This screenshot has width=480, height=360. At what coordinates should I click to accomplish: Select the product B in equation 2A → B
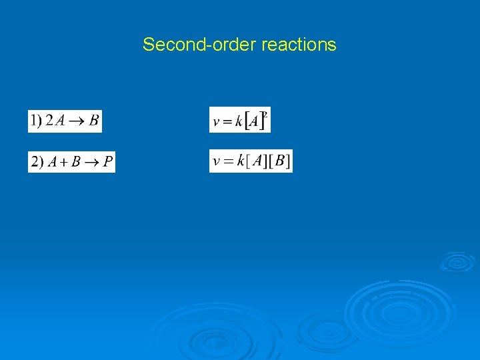(x=93, y=121)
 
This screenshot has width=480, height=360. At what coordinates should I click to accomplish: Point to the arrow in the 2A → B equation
(x=77, y=121)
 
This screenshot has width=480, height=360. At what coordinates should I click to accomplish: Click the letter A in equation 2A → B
(x=59, y=121)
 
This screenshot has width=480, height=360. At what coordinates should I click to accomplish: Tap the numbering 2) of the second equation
(x=37, y=162)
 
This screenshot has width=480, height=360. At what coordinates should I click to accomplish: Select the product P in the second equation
(x=108, y=162)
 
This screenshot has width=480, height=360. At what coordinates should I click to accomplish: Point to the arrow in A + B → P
(x=92, y=163)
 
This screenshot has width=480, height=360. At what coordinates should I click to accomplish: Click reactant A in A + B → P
(x=52, y=162)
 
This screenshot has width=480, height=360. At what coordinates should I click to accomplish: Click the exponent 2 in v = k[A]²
(x=265, y=114)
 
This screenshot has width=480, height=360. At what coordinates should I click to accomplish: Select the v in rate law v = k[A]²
(x=216, y=122)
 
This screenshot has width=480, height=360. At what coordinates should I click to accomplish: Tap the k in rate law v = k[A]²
(x=239, y=121)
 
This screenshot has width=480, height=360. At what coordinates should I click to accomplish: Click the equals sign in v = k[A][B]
(x=227, y=161)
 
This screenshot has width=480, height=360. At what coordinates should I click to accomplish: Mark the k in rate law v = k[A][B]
(x=240, y=161)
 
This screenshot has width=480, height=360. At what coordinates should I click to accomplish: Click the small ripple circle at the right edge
(x=457, y=261)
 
